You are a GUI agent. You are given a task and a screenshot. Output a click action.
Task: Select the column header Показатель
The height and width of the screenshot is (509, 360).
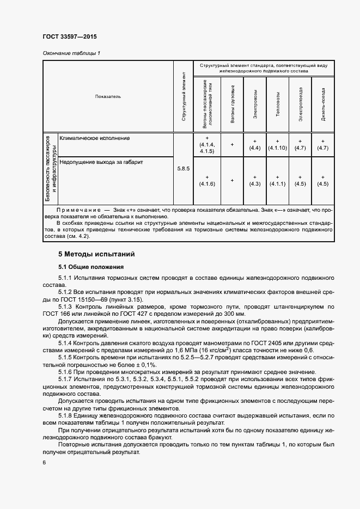pyautogui.click(x=108, y=96)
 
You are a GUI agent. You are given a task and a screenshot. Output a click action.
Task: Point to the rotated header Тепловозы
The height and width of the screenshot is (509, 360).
pyautogui.click(x=277, y=105)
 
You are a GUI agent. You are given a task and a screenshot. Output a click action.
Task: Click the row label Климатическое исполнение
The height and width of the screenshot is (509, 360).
pyautogui.click(x=94, y=138)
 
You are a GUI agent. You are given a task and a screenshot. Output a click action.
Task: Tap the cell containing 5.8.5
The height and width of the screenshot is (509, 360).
pyautogui.click(x=183, y=169)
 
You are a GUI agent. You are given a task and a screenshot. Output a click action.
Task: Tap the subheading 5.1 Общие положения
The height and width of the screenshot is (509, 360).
pyautogui.click(x=91, y=267)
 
